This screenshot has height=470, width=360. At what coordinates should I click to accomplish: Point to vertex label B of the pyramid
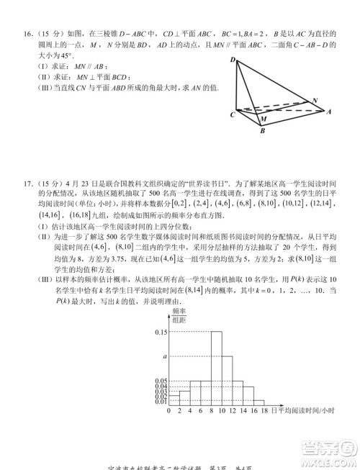click(x=262, y=130)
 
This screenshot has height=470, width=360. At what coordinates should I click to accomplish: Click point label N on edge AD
click(x=314, y=100)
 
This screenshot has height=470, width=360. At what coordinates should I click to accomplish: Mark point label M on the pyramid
click(x=264, y=119)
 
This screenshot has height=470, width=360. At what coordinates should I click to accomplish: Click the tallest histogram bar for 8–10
click(x=216, y=367)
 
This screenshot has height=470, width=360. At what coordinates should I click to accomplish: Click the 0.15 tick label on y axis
click(x=161, y=331)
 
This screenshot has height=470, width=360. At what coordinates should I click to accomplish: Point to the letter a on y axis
click(x=164, y=356)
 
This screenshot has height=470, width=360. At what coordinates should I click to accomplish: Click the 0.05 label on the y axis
click(x=161, y=381)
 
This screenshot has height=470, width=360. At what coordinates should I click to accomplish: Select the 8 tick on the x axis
click(x=210, y=412)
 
